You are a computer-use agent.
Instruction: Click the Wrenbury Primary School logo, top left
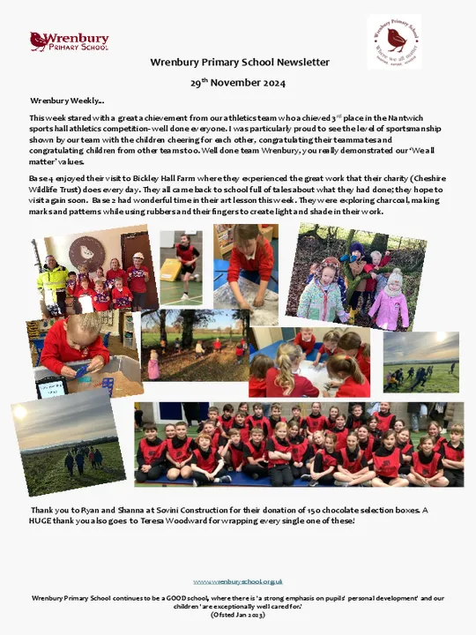70,41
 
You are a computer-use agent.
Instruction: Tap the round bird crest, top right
393,41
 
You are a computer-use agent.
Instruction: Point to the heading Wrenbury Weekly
67,101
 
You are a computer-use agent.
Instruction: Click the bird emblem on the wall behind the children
87,253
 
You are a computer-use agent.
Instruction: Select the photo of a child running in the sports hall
183,267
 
